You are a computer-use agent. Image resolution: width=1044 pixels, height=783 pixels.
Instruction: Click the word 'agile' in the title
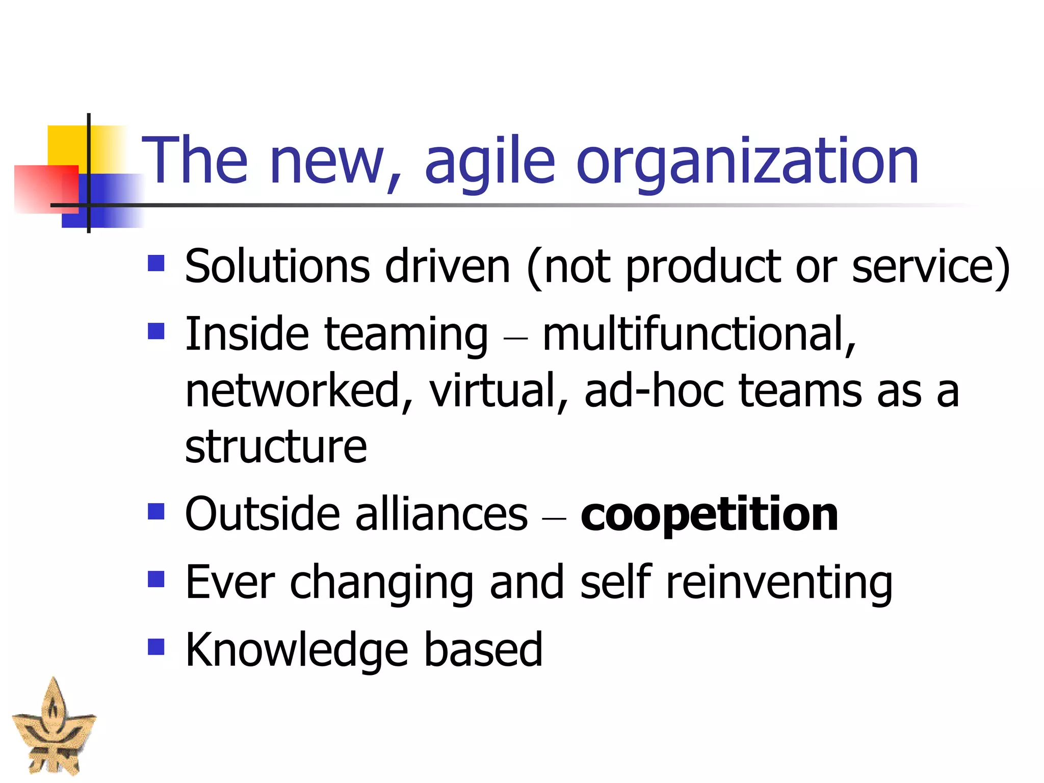coord(489,162)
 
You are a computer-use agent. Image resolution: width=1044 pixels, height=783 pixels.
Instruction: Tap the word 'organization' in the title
coord(747,162)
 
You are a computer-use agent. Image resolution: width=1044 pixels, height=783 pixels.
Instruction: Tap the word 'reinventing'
coord(779,582)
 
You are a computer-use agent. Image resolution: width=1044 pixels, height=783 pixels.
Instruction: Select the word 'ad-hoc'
coord(654,390)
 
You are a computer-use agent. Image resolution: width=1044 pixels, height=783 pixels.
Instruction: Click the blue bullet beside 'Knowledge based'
coord(156,646)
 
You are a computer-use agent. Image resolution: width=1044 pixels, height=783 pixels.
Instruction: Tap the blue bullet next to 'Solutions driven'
coord(156,263)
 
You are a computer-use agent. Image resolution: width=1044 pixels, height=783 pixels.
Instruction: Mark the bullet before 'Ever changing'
coord(156,579)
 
